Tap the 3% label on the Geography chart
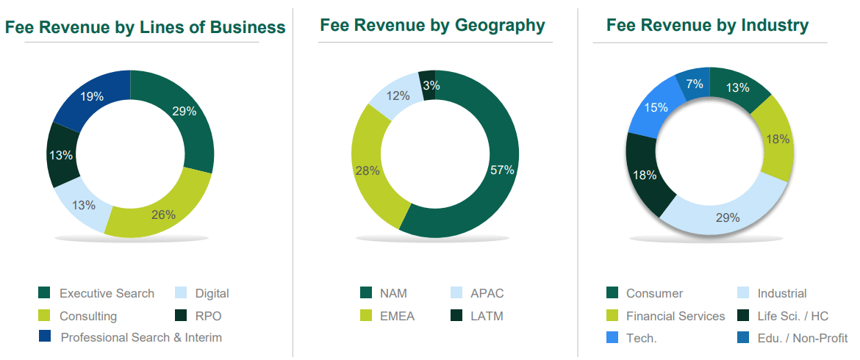pyautogui.click(x=431, y=86)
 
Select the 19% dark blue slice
pyautogui.click(x=92, y=96)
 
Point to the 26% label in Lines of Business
pyautogui.click(x=163, y=215)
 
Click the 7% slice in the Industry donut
pyautogui.click(x=695, y=84)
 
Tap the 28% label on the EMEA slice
pyautogui.click(x=368, y=170)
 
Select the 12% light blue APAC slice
pyautogui.click(x=398, y=96)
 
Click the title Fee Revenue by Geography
pyautogui.click(x=432, y=26)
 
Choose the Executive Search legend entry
pyautogui.click(x=107, y=293)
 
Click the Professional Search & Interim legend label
pyautogui.click(x=141, y=337)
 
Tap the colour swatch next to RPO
pyautogui.click(x=181, y=316)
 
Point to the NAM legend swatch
pyautogui.click(x=366, y=293)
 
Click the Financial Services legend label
pyautogui.click(x=676, y=316)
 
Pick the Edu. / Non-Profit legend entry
pyautogui.click(x=802, y=338)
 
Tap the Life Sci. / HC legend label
pyautogui.click(x=792, y=316)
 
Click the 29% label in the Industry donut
pyautogui.click(x=728, y=217)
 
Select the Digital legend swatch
pyautogui.click(x=181, y=293)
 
